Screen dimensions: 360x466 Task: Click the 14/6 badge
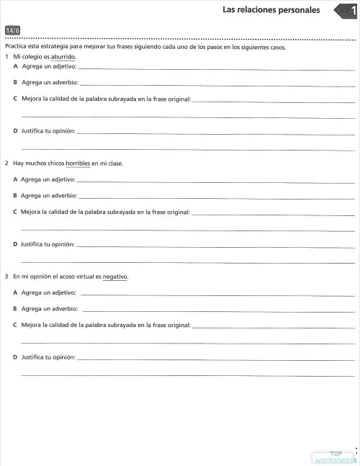[12, 30]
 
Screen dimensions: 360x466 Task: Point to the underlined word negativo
[115, 277]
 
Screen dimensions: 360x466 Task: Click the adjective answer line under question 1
[216, 68]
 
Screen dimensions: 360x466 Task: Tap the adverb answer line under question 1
[216, 85]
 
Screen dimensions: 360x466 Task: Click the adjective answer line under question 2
[216, 181]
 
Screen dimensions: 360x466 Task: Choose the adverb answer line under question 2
[216, 197]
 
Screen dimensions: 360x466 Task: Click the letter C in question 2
[15, 212]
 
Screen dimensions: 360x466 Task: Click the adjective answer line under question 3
[216, 294]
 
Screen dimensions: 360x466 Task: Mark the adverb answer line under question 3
[216, 310]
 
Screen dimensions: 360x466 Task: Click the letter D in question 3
[15, 357]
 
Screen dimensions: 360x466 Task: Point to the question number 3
[6, 277]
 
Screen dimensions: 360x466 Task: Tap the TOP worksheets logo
[335, 457]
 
